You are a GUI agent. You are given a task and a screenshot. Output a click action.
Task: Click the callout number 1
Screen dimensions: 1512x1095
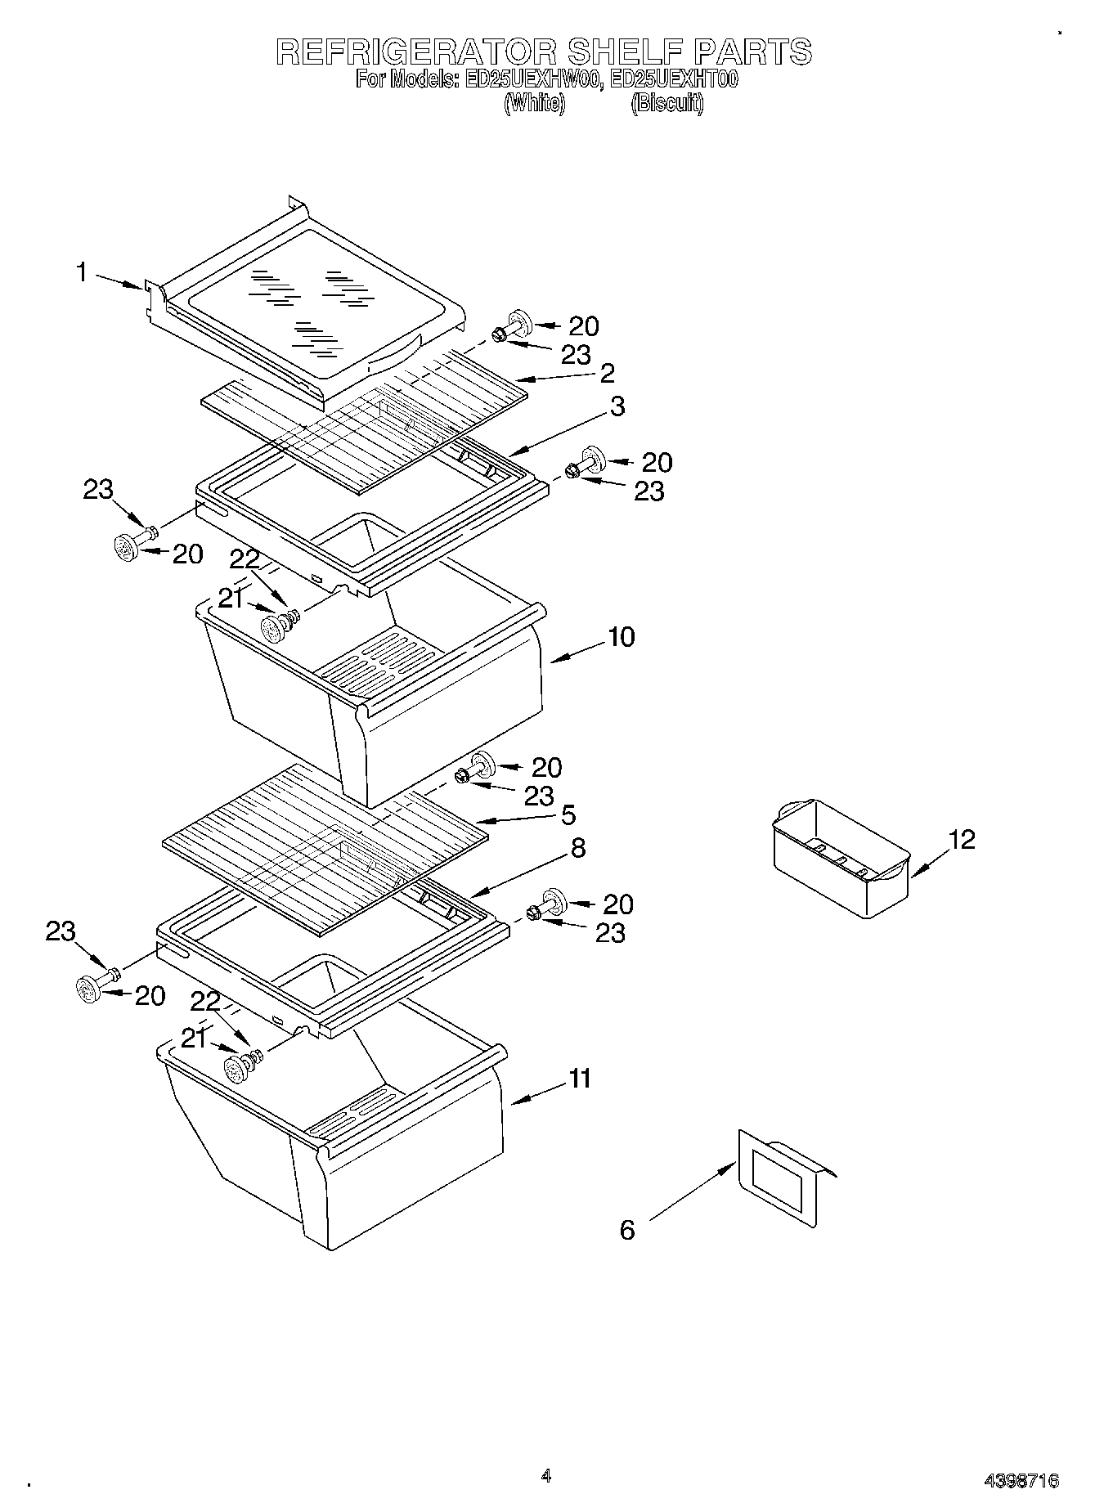click(x=82, y=272)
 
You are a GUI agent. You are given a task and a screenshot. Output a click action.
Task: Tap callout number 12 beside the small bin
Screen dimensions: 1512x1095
click(x=963, y=840)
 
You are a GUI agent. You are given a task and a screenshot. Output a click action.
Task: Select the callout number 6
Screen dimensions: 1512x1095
click(x=627, y=1230)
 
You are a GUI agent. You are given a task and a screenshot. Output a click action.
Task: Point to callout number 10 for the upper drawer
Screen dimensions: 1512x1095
click(x=622, y=637)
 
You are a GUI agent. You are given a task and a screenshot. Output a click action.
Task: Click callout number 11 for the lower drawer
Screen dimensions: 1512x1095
click(x=580, y=1079)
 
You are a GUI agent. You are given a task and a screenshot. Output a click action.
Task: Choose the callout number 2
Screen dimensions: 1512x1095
click(x=607, y=373)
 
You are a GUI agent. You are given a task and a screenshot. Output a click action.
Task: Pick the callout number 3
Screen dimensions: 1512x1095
click(x=617, y=406)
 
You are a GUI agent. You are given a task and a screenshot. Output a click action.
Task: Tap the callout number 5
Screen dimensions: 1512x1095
click(x=568, y=814)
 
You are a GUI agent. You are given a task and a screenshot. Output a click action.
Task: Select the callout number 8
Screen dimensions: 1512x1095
click(x=578, y=848)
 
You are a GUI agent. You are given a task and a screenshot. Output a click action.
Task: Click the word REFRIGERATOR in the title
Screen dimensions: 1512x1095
click(x=417, y=52)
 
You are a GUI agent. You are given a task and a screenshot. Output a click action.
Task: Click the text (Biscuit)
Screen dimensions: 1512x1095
click(x=667, y=104)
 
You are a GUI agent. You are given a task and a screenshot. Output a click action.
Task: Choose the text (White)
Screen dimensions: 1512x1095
click(x=534, y=104)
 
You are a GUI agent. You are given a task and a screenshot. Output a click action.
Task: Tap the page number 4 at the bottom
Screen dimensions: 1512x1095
click(x=546, y=1476)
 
